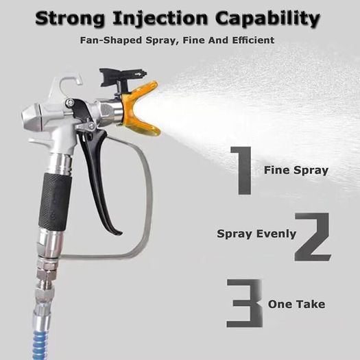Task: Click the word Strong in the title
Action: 70,19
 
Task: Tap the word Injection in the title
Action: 160,19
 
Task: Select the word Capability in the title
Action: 267,19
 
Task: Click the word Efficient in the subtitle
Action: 253,40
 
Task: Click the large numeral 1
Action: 241,171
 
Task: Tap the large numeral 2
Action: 313,237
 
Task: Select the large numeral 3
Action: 244,303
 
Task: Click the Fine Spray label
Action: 296,170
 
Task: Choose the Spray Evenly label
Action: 256,234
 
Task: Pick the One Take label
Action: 296,304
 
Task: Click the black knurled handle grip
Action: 55,202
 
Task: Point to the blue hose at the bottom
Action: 40,342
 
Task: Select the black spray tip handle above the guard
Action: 121,80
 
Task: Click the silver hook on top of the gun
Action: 70,82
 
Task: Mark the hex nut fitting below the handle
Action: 47,273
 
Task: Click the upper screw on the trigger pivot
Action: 70,102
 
